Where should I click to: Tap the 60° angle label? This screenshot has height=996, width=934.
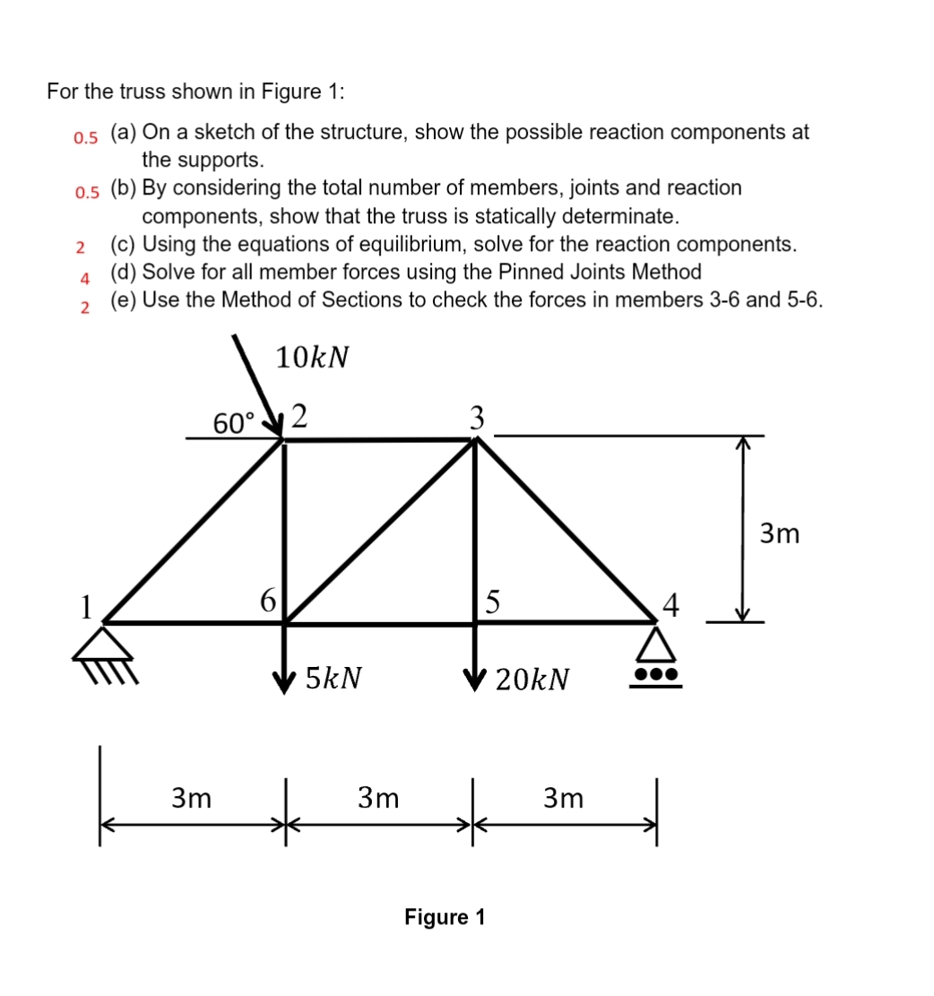(x=234, y=421)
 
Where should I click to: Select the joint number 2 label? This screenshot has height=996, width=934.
(x=301, y=415)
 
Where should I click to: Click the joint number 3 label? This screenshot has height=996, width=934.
(x=478, y=416)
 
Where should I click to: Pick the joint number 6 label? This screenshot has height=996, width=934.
(x=267, y=600)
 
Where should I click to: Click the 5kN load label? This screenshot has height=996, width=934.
(x=333, y=677)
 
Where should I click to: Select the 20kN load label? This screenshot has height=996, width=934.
(x=532, y=680)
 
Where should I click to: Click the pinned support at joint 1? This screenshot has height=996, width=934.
(x=105, y=649)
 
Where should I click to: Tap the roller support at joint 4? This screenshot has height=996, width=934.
(x=655, y=659)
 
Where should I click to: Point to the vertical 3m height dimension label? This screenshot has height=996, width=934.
(x=778, y=534)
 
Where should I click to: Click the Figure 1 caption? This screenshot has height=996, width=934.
(x=445, y=917)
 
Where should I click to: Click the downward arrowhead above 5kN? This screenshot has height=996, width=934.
(x=286, y=676)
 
